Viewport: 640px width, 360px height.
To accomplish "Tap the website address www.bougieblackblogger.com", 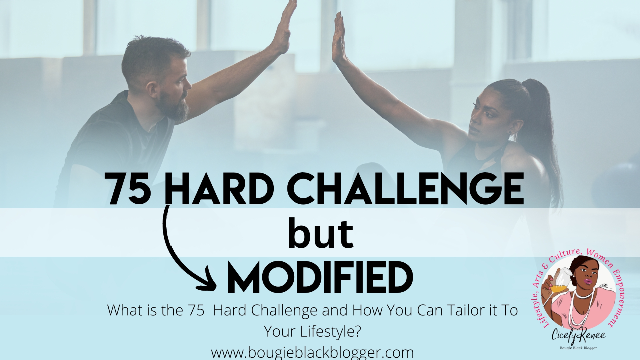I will tap(312, 352).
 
